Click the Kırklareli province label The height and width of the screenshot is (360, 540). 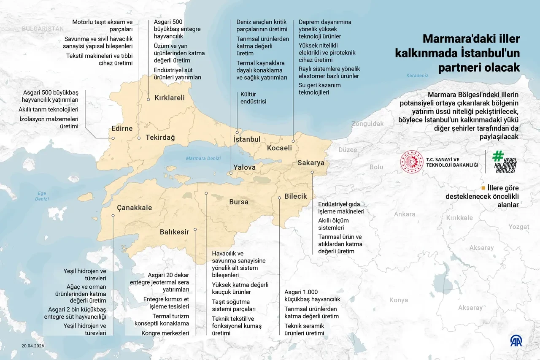170,97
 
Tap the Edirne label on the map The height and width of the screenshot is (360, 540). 122,128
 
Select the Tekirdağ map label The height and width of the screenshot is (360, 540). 160,138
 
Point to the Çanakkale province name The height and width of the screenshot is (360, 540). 134,207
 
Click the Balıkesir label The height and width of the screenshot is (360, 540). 174,232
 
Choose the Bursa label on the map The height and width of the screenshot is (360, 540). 239,202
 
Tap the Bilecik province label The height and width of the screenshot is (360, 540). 296,196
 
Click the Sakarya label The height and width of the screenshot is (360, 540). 311,162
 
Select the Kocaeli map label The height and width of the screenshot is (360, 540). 279,148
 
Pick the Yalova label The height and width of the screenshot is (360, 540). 245,167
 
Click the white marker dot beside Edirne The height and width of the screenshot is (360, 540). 113,138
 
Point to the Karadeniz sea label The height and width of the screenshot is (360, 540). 417,76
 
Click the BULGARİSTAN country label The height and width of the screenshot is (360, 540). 43,29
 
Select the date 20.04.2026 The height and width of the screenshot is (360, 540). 33,346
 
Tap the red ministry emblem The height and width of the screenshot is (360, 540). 412,162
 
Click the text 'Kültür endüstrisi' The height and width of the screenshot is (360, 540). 254,98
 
